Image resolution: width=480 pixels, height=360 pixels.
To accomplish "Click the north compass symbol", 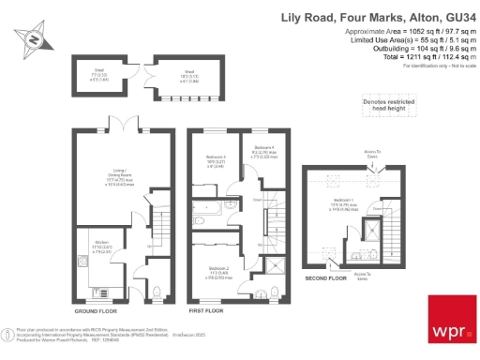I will tap(33, 39).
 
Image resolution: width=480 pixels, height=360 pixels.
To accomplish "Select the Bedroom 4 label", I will tap(264, 152).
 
